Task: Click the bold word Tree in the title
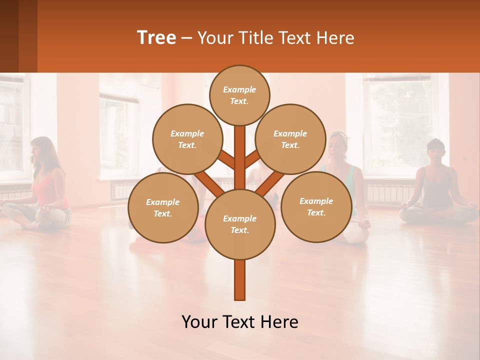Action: tap(156, 37)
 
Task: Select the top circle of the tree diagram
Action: tap(239, 94)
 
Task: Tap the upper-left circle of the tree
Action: tap(187, 139)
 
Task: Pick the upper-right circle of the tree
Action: tap(290, 139)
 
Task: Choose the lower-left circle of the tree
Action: tap(163, 207)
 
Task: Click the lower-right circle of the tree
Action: tap(316, 206)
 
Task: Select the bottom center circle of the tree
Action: tap(240, 224)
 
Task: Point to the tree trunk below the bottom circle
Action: tap(240, 280)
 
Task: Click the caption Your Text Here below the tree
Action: tap(240, 322)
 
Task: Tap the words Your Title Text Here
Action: tap(276, 37)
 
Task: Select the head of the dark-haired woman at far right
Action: tap(435, 150)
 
